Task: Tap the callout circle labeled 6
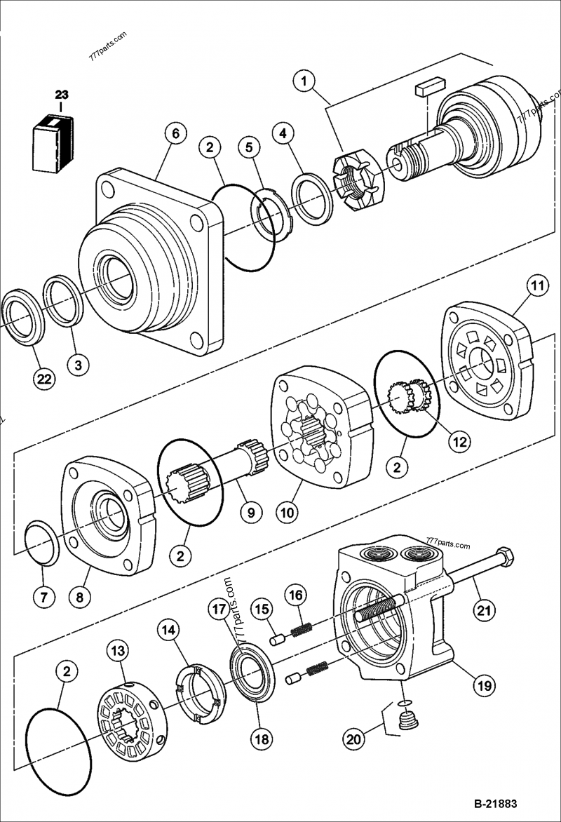[x=175, y=133]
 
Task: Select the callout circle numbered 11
[x=536, y=287]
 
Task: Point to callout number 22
[x=43, y=379]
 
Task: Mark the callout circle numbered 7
[x=43, y=598]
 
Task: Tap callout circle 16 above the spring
[x=296, y=595]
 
